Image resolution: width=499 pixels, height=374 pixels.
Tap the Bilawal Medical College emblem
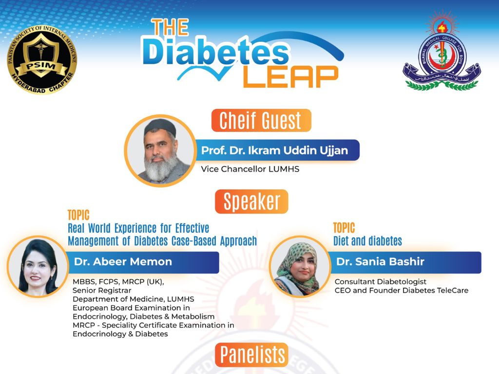pos(441,54)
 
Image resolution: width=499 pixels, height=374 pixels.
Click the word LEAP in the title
pos(290,75)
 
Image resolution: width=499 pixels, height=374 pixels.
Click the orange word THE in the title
pos(170,28)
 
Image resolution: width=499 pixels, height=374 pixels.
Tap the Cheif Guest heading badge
pos(261,120)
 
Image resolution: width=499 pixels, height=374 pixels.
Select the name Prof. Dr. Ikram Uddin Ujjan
pos(275,150)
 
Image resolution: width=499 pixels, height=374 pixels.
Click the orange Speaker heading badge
pos(251,201)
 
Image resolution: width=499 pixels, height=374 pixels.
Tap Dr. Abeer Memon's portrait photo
pos(38,266)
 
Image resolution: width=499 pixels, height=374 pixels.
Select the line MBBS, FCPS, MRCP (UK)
pos(118,281)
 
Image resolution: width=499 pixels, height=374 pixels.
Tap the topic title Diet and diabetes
pos(367,241)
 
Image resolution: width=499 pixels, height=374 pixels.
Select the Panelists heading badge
pos(251,355)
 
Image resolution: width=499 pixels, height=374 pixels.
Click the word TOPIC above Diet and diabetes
pos(344,228)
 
